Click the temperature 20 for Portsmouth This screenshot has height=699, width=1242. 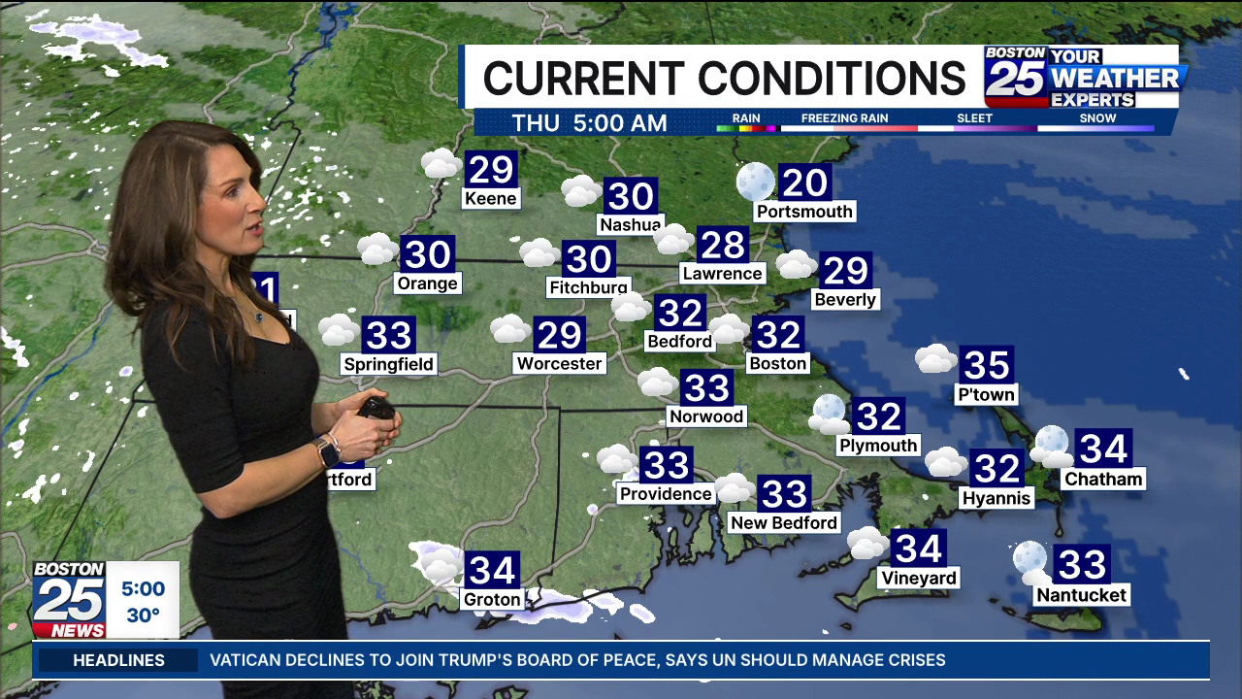pos(804,182)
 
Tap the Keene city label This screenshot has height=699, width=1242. pos(491,199)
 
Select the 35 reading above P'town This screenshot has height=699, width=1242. pos(986,365)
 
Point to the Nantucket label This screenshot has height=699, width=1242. pos(1081,595)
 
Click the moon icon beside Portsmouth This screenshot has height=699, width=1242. pos(755,181)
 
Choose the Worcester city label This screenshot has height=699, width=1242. pos(560,363)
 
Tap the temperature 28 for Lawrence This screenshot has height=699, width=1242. pos(722,245)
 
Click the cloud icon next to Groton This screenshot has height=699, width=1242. pos(439,563)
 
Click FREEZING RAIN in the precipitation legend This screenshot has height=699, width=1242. pos(844,118)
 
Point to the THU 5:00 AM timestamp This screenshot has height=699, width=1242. pos(589,123)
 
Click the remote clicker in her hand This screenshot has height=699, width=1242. pos(375,407)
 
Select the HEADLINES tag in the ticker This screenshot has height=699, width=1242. pos(119,660)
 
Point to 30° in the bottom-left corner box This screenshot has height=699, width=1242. pos(143,615)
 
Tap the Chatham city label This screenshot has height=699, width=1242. pos(1103,479)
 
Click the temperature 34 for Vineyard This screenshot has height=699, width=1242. pos(918,549)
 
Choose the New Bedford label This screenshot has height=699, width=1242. pos(783,522)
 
